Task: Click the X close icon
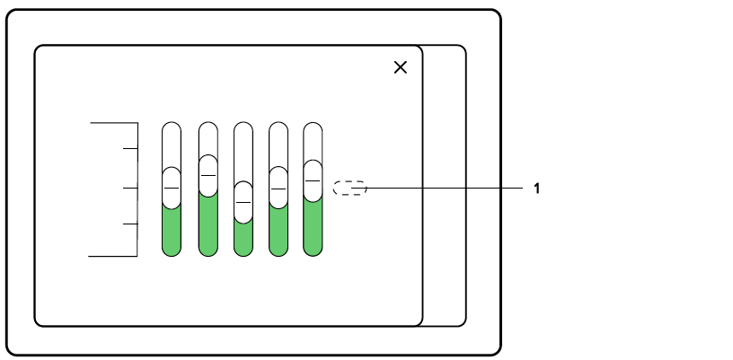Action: pyautogui.click(x=401, y=67)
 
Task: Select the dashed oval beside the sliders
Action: pyautogui.click(x=349, y=189)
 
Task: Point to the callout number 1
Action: pyautogui.click(x=536, y=189)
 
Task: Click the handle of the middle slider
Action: pyautogui.click(x=243, y=201)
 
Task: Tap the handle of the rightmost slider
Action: pyautogui.click(x=313, y=180)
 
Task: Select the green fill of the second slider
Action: pyautogui.click(x=208, y=224)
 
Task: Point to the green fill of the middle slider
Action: pyautogui.click(x=243, y=238)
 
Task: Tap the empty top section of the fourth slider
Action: pyautogui.click(x=278, y=144)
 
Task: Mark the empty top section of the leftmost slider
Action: pyautogui.click(x=172, y=144)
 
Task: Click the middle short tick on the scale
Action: pyautogui.click(x=129, y=189)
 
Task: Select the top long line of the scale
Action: pyautogui.click(x=113, y=122)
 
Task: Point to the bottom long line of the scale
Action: pyautogui.click(x=113, y=256)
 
